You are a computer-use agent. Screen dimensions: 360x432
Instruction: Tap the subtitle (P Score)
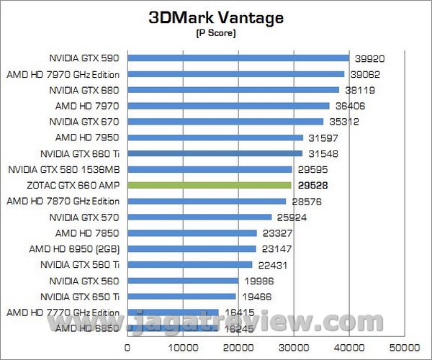click(x=215, y=33)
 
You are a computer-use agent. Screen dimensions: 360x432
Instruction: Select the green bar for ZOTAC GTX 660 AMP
click(x=209, y=185)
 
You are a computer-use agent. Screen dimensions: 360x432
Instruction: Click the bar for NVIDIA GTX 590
click(x=238, y=58)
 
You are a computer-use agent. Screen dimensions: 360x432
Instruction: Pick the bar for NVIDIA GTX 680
click(x=233, y=90)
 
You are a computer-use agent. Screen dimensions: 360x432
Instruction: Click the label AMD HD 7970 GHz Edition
click(x=63, y=74)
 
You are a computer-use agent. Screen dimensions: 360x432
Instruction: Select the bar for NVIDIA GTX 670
click(x=225, y=122)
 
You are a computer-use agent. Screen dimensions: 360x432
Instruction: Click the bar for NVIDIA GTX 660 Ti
click(x=215, y=153)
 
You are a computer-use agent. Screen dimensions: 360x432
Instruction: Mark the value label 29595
click(x=314, y=170)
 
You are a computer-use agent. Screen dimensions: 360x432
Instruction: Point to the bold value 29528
click(x=313, y=185)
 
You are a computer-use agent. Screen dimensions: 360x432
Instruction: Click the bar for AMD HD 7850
click(x=192, y=233)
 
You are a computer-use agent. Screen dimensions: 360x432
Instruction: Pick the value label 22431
click(x=274, y=265)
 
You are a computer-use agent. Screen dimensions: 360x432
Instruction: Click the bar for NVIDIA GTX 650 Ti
click(x=181, y=296)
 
